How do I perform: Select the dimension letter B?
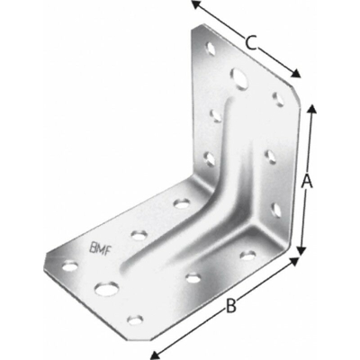click(230, 308)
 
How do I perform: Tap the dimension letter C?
click(253, 41)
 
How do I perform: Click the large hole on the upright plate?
click(238, 76)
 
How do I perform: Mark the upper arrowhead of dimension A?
click(311, 108)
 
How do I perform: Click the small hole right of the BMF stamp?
click(138, 235)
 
